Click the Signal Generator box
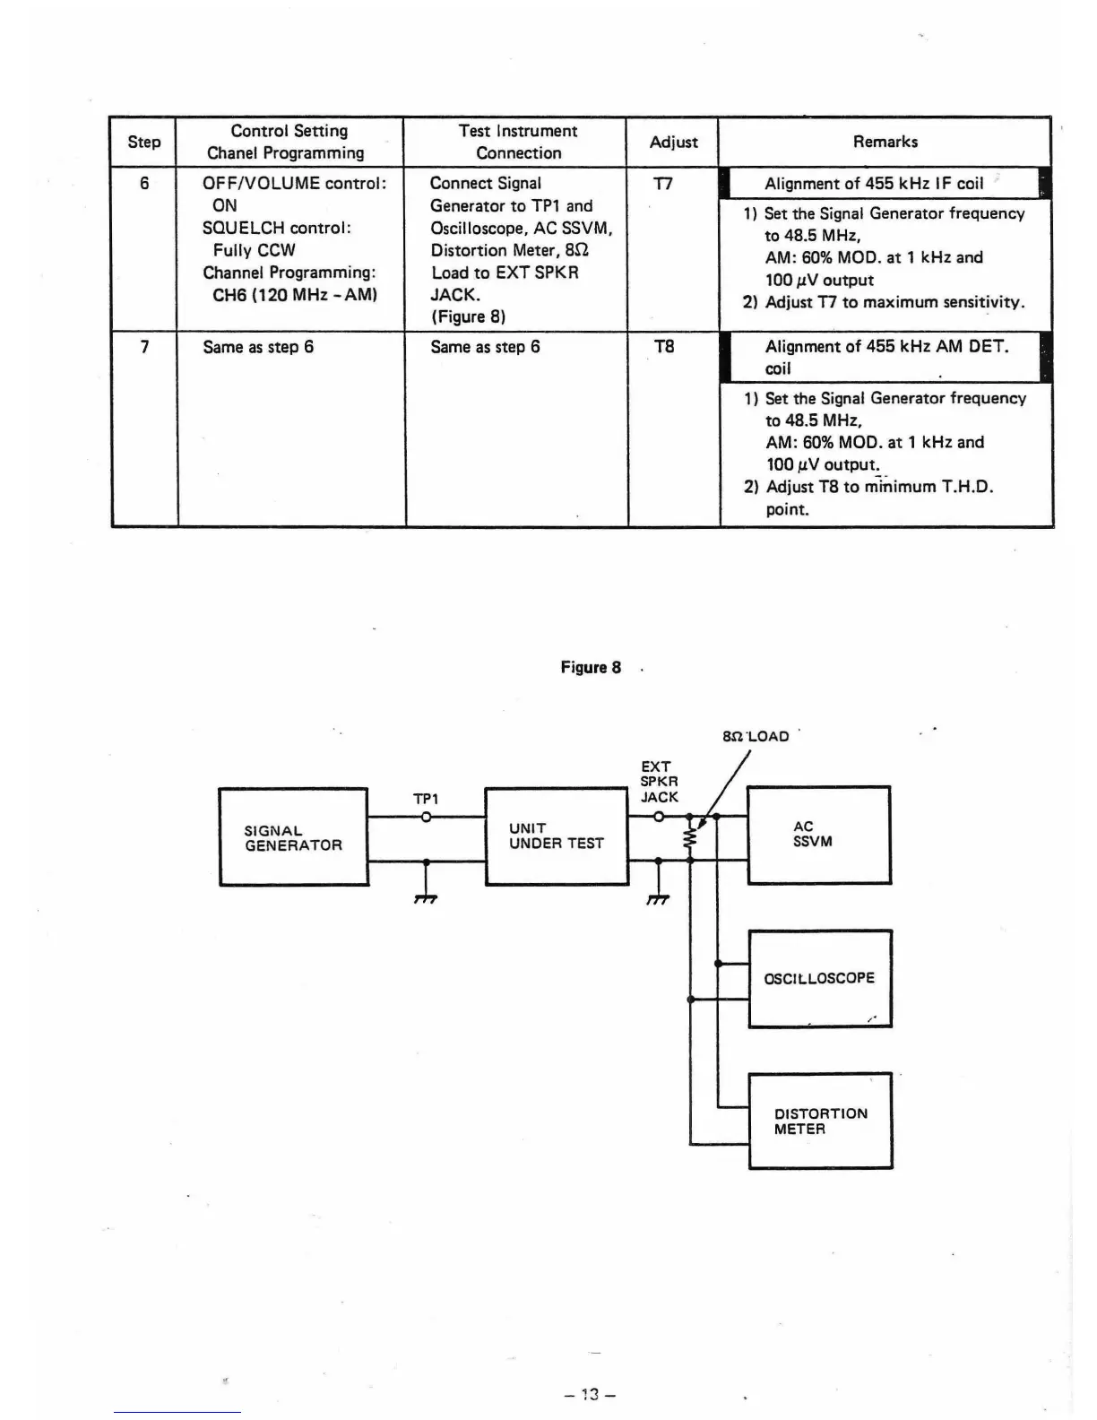coord(293,837)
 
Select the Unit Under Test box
coord(556,836)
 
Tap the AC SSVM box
coord(818,835)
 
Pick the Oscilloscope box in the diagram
coord(819,978)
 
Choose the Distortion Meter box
coord(820,1121)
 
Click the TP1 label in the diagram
coord(426,798)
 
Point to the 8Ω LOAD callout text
coord(756,736)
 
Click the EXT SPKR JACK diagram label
coord(659,782)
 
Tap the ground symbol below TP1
coord(426,897)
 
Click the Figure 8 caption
coord(591,667)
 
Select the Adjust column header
coord(673,142)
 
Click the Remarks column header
coord(885,142)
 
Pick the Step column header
coord(143,142)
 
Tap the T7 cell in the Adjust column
coord(663,184)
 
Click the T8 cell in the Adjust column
coord(664,347)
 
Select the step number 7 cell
coord(144,347)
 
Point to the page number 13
coord(589,1394)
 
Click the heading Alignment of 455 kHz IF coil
coord(874,184)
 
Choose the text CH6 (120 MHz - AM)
coord(295,295)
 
